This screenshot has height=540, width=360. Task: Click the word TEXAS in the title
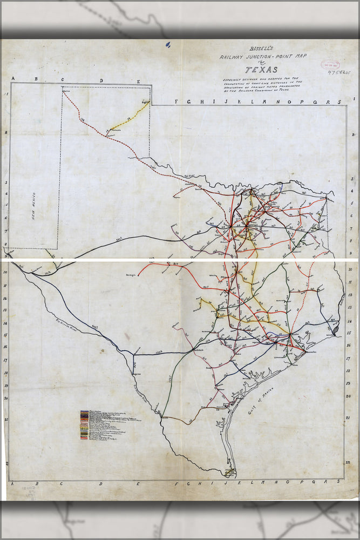(261, 70)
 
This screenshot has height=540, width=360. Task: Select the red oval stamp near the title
(329, 64)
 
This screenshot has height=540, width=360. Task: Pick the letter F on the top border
(176, 102)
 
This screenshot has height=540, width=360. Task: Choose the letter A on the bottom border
(12, 484)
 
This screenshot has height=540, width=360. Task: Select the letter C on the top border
(62, 80)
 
